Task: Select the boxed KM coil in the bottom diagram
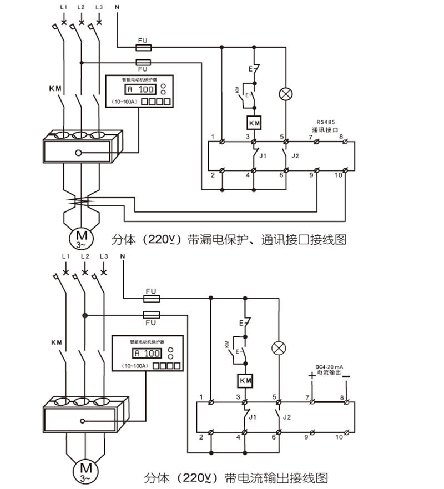(245, 381)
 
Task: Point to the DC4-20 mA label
(330, 366)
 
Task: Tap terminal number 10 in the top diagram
(340, 176)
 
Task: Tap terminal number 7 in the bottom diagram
(307, 397)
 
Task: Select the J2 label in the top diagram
(295, 155)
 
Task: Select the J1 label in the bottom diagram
(253, 416)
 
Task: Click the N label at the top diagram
(117, 7)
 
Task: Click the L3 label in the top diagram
(99, 7)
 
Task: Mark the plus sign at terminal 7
(311, 376)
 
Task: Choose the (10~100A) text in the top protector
(122, 102)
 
